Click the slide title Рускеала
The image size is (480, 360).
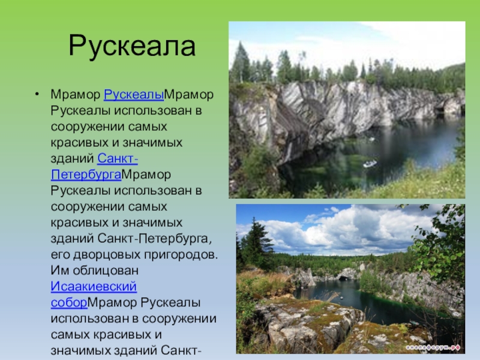[x=132, y=47]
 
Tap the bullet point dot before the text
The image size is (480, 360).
[x=37, y=94]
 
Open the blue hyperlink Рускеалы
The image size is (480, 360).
[x=134, y=95]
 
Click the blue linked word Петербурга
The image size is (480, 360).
[x=86, y=175]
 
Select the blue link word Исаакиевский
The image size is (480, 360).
[x=94, y=287]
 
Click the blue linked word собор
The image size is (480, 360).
[x=69, y=302]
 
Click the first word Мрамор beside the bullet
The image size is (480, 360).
[x=76, y=95]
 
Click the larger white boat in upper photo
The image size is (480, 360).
[x=370, y=164]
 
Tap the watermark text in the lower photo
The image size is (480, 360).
[x=433, y=347]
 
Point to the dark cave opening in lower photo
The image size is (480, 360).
[x=344, y=278]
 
